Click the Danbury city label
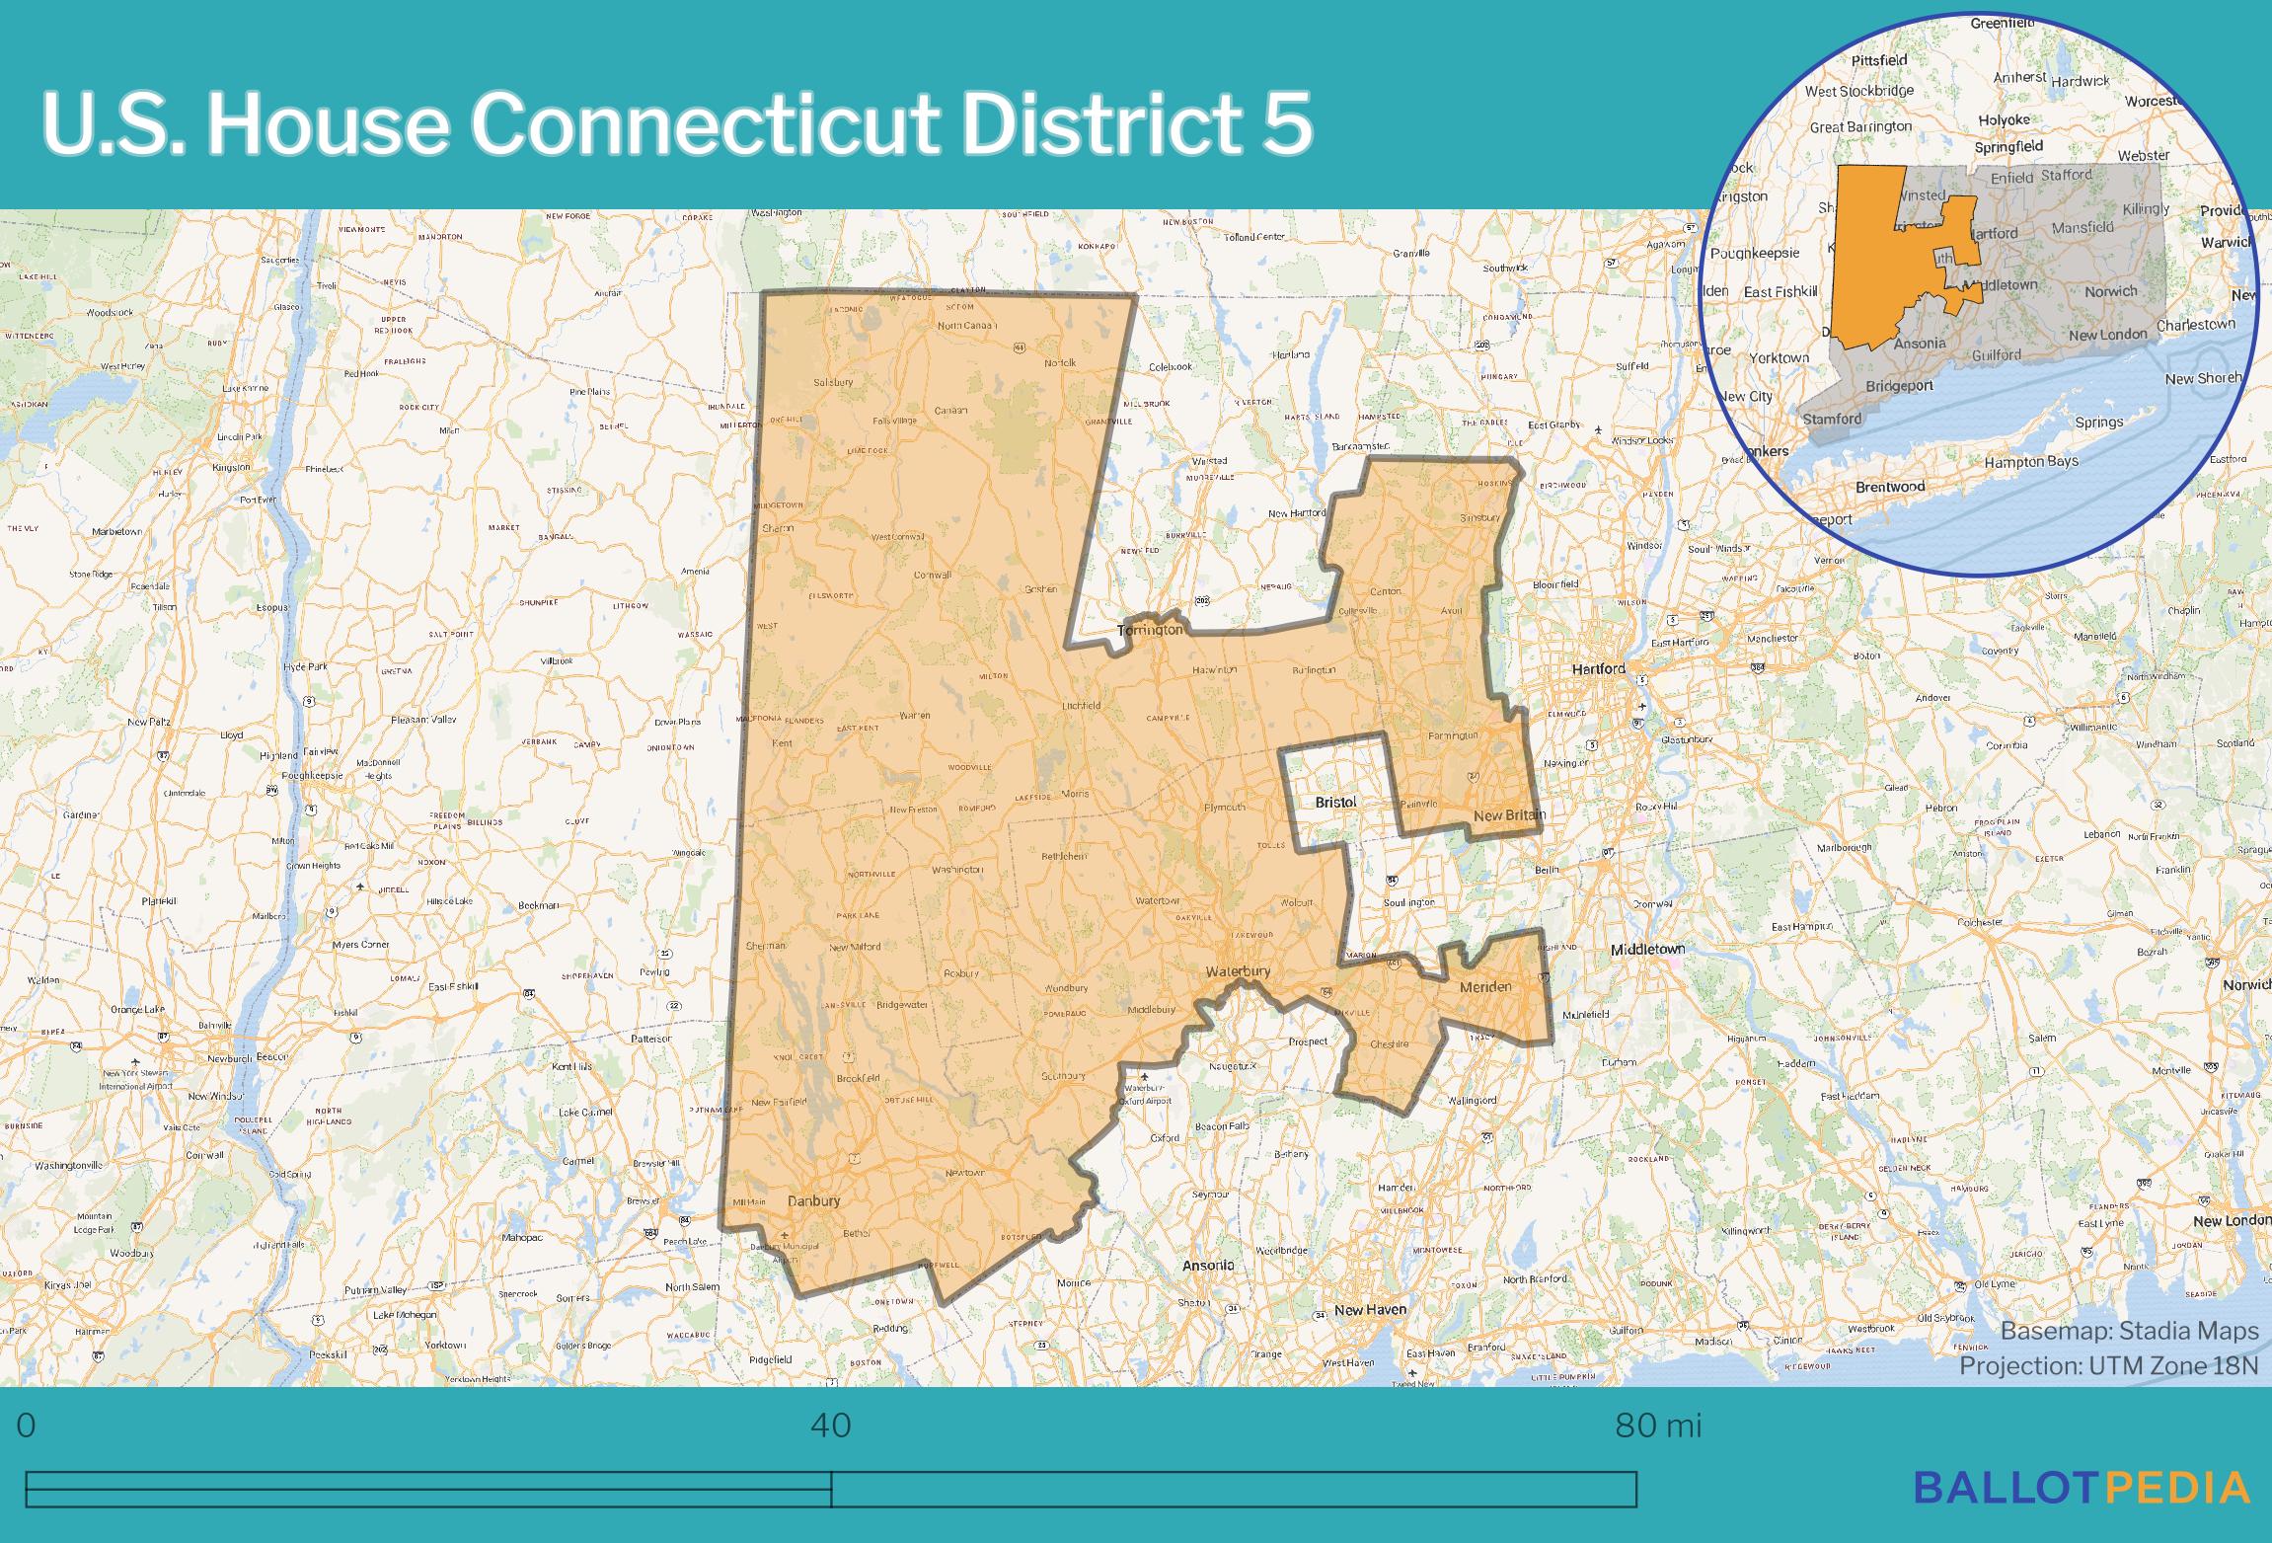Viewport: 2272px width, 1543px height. click(x=814, y=1201)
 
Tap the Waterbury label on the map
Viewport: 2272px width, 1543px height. click(x=1238, y=972)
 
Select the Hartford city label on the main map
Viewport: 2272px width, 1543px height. click(x=1598, y=669)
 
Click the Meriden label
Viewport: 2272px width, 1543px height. click(x=1485, y=987)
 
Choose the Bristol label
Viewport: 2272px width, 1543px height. click(x=1335, y=803)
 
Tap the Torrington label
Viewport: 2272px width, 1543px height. click(x=1149, y=630)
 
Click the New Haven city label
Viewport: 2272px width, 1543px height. click(x=1370, y=1310)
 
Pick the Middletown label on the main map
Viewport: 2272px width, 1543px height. click(x=1647, y=950)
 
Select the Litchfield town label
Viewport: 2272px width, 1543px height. click(x=1081, y=706)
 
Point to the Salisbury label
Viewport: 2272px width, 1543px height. click(x=833, y=382)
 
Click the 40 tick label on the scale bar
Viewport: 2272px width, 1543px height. click(x=831, y=1426)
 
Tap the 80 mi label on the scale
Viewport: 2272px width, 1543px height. click(x=1658, y=1426)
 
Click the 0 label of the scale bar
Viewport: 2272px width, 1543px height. click(x=27, y=1426)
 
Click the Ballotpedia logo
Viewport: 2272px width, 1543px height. click(x=2082, y=1487)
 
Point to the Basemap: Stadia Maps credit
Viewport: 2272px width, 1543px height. click(x=2129, y=1331)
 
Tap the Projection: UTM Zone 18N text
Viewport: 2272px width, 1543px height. click(x=2108, y=1365)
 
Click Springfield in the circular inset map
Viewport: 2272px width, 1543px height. click(x=2008, y=147)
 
